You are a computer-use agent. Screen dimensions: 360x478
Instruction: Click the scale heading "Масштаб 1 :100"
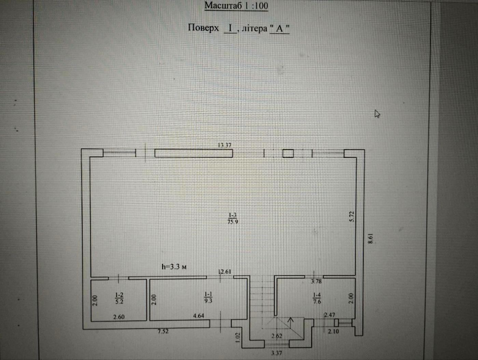(236, 6)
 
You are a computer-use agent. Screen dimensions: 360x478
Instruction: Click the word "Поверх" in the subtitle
(203, 28)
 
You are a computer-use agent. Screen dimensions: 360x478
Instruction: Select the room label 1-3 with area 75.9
(233, 218)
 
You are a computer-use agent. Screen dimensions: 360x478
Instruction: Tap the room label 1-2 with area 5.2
(119, 298)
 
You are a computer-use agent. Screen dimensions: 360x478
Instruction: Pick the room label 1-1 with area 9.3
(208, 297)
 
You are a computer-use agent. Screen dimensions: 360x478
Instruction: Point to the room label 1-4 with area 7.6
(317, 298)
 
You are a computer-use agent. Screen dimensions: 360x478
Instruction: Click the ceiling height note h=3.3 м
(174, 267)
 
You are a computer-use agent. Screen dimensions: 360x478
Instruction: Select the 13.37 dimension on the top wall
(225, 145)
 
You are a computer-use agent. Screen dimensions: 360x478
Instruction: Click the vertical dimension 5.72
(352, 217)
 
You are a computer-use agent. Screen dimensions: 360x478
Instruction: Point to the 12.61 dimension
(225, 272)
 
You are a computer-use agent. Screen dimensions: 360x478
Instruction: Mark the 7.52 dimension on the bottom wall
(163, 331)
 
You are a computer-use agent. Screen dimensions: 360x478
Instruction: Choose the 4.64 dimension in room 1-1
(198, 316)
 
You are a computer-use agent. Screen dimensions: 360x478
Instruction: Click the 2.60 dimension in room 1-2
(119, 317)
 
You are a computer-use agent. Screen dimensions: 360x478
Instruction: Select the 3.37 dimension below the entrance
(276, 353)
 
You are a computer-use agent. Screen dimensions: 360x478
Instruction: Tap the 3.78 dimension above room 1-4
(316, 281)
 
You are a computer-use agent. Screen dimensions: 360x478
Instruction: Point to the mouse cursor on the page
(377, 114)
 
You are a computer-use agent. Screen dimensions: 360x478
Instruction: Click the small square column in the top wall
(288, 153)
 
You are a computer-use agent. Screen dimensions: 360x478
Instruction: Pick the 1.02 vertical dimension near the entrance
(238, 336)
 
